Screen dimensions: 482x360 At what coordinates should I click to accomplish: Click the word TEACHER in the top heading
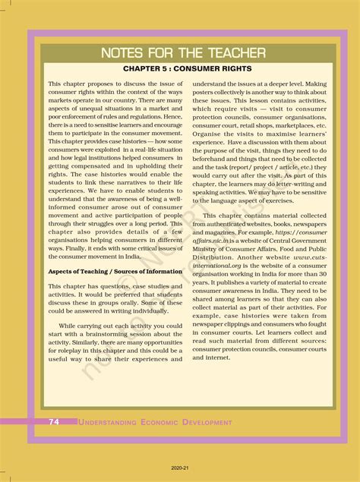click(235, 53)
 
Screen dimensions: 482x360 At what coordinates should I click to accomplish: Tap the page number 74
click(55, 422)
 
